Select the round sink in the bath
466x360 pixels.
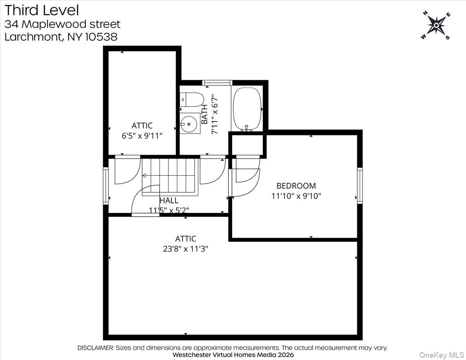(190, 124)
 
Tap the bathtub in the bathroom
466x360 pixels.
(247, 109)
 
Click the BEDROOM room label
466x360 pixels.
(296, 186)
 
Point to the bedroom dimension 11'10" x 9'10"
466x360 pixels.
(296, 196)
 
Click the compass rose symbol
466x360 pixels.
(436, 25)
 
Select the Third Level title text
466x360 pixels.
(42, 10)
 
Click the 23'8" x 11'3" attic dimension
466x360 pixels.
(186, 249)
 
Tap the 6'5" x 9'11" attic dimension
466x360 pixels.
(142, 136)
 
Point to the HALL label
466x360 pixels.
(169, 200)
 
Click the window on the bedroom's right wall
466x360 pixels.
(360, 186)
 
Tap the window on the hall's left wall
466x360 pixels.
(106, 186)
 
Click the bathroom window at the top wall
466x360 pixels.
(217, 82)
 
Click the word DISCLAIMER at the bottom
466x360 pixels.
(96, 348)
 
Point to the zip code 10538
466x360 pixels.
(99, 37)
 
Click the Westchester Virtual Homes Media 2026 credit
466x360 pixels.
(233, 355)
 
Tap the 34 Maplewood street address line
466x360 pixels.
(63, 24)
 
